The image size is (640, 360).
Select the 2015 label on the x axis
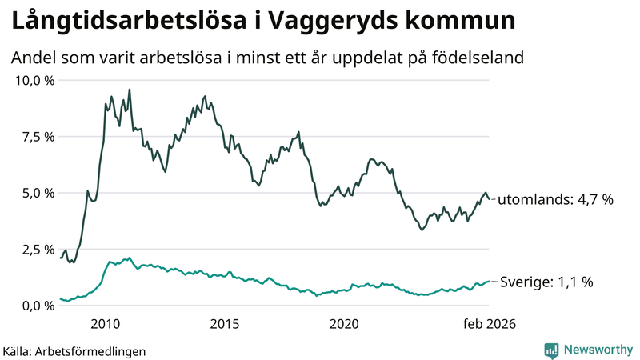pyautogui.click(x=225, y=324)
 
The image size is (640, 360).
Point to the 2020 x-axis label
pyautogui.click(x=344, y=324)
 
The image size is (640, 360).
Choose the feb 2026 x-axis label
pyautogui.click(x=489, y=324)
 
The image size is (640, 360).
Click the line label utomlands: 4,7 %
pyautogui.click(x=555, y=199)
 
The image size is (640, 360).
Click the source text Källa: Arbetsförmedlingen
pyautogui.click(x=74, y=351)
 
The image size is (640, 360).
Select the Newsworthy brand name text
pyautogui.click(x=599, y=350)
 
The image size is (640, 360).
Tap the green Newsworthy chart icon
pyautogui.click(x=551, y=350)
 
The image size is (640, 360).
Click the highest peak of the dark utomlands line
pyautogui.click(x=130, y=90)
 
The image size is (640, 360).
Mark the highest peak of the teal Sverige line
pyautogui.click(x=130, y=258)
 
